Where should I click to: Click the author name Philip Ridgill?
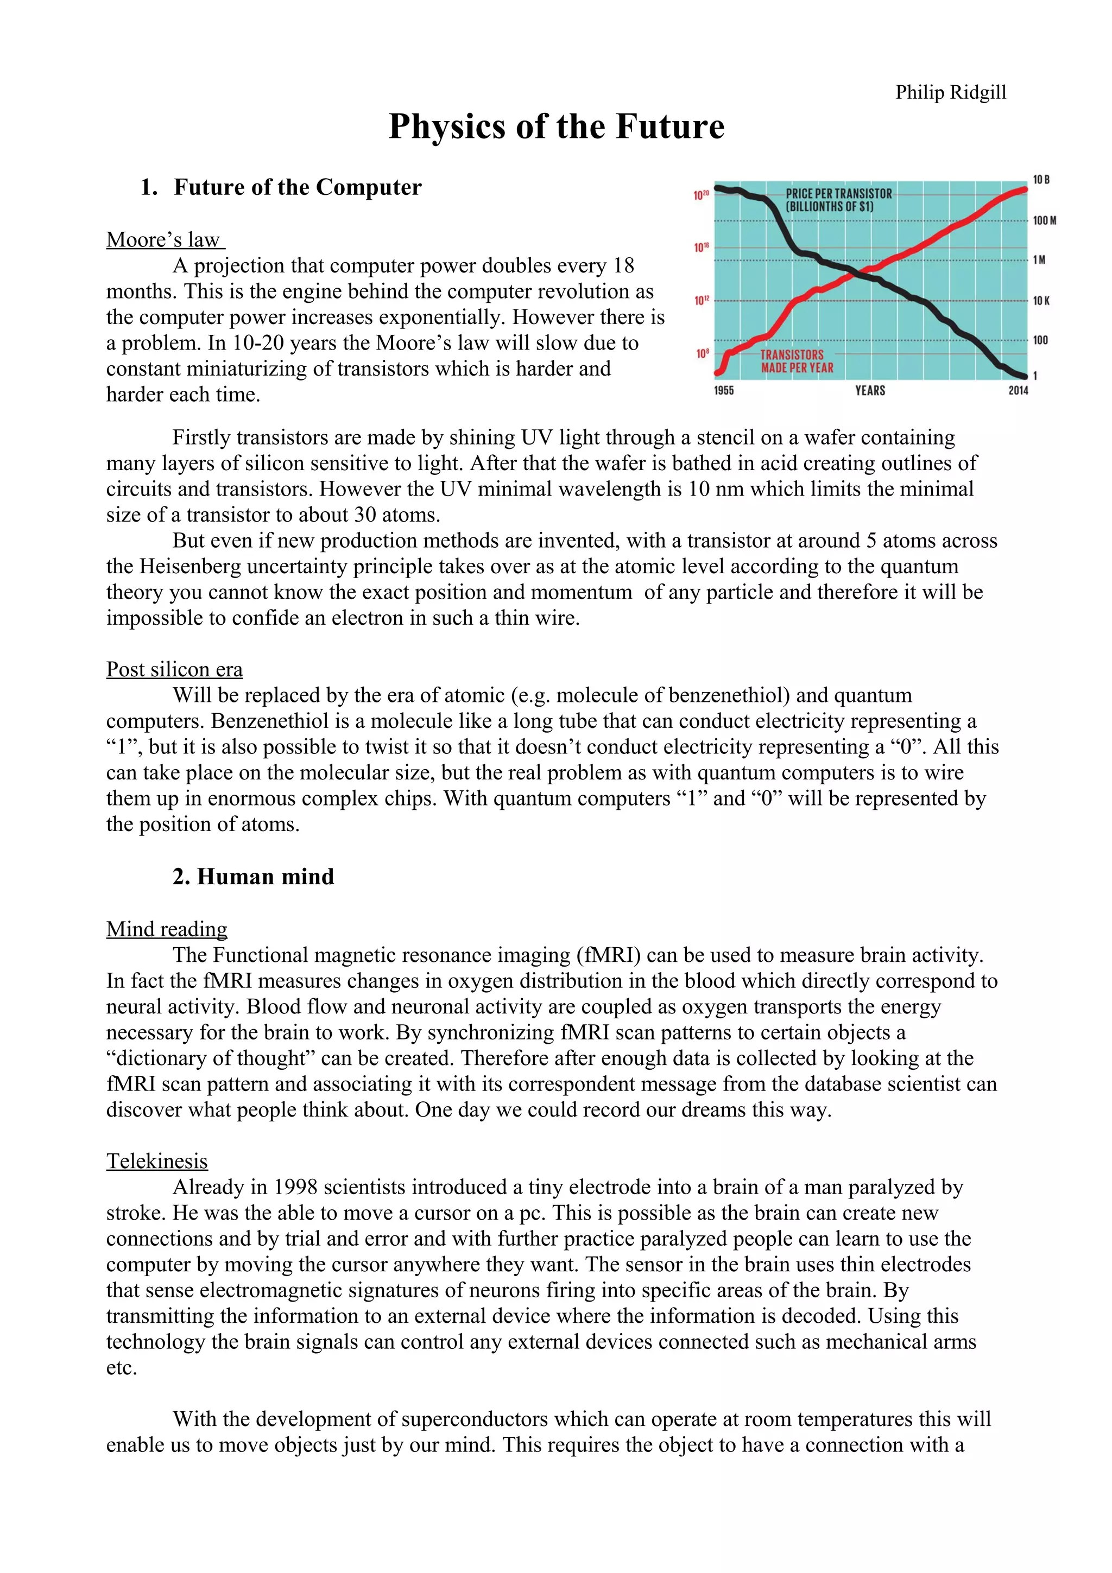point(950,92)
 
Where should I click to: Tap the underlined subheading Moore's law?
point(165,240)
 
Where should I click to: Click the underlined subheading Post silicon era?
point(174,669)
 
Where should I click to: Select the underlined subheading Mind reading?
point(167,929)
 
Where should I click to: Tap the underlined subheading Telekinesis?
point(157,1161)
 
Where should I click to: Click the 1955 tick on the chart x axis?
point(724,390)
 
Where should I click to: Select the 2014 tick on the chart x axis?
point(1018,390)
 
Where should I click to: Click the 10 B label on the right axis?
point(1041,180)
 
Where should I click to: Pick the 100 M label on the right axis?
point(1044,220)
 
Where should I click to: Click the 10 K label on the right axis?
point(1041,301)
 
